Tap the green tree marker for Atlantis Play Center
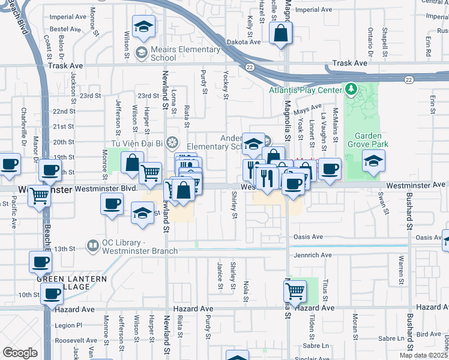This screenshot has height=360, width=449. [352, 90]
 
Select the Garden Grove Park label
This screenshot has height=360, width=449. [372, 140]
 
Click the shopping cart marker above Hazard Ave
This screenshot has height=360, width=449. [294, 291]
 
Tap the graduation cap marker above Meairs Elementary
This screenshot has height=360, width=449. [143, 26]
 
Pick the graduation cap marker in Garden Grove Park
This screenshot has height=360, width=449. [373, 161]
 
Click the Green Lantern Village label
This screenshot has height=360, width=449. [71, 283]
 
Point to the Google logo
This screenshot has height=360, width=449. [20, 353]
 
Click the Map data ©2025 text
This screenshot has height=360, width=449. [424, 355]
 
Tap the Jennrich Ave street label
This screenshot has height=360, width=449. [313, 255]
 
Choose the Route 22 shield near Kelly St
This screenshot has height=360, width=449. [249, 67]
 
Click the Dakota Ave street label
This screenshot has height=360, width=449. [244, 42]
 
